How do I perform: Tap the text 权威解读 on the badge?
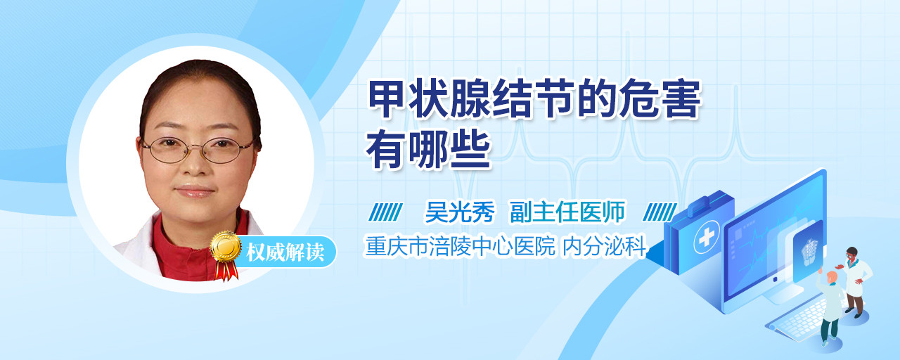pyautogui.click(x=285, y=252)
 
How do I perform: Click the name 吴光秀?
pyautogui.click(x=460, y=212)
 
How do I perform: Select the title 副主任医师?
pyautogui.click(x=567, y=212)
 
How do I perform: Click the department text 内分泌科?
pyautogui.click(x=604, y=246)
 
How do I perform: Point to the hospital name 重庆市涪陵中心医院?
pyautogui.click(x=460, y=246)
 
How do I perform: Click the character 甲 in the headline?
pyautogui.click(x=386, y=99)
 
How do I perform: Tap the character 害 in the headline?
pyautogui.click(x=682, y=99)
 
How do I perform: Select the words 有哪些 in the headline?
pyautogui.click(x=428, y=150)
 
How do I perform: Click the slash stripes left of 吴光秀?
pyautogui.click(x=385, y=212)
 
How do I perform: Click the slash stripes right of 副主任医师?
pyautogui.click(x=660, y=212)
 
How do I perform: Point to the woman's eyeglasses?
pyautogui.click(x=198, y=150)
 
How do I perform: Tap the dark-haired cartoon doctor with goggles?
pyautogui.click(x=856, y=282)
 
